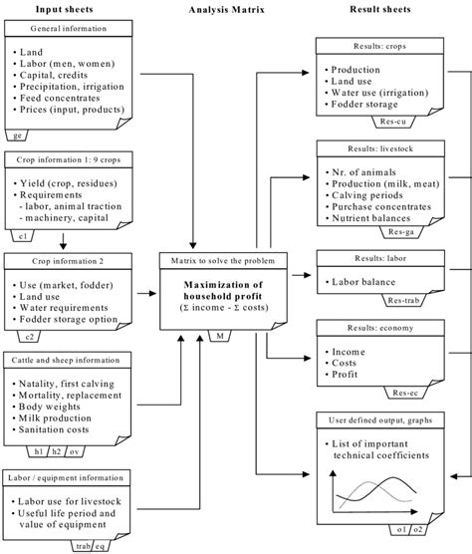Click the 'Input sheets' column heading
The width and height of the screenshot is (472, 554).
click(65, 9)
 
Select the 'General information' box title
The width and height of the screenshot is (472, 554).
click(65, 30)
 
